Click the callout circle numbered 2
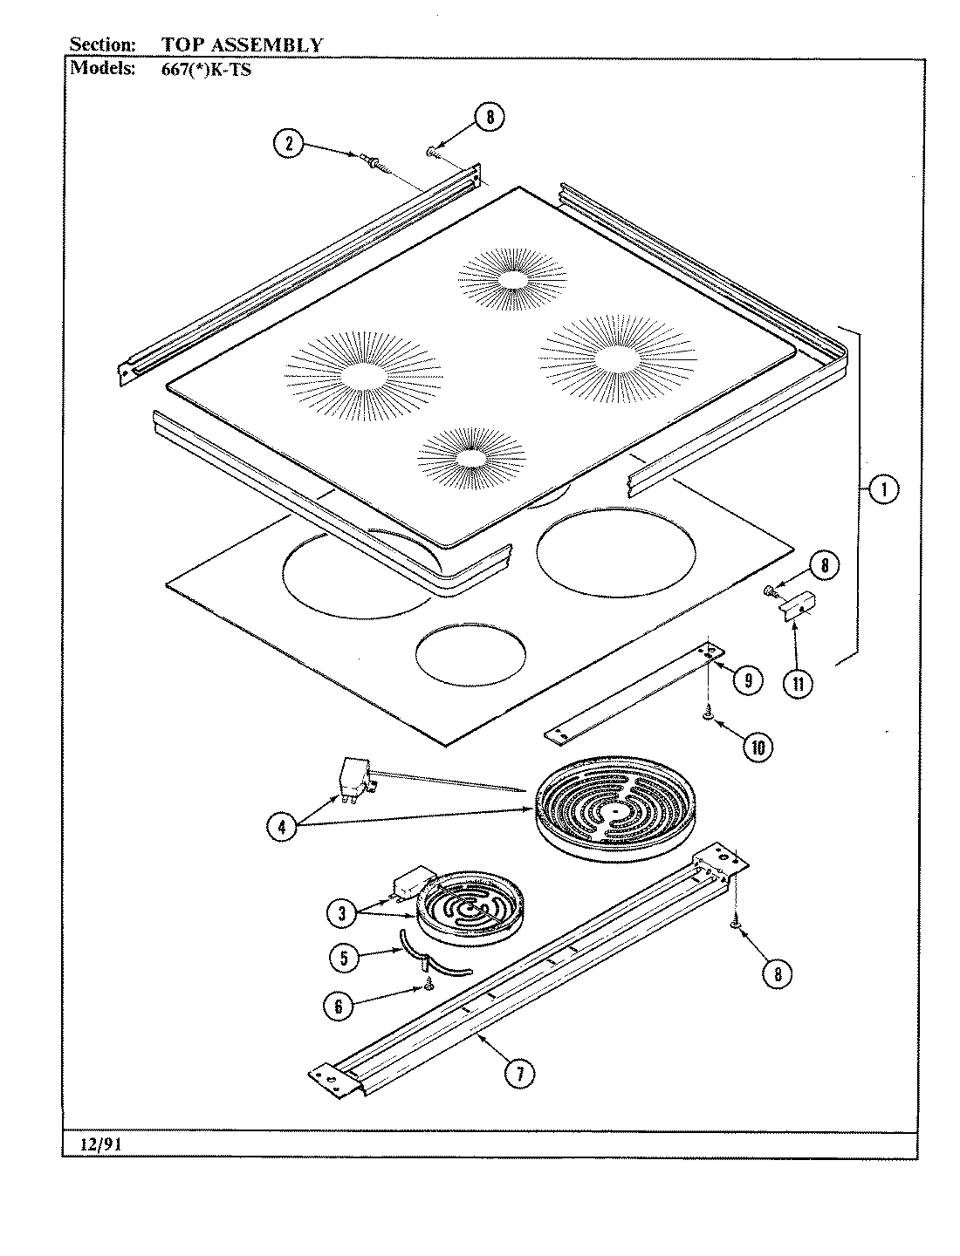pyautogui.click(x=288, y=143)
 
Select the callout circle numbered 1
pyautogui.click(x=882, y=490)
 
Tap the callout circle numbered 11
pyautogui.click(x=795, y=683)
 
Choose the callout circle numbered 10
pyautogui.click(x=758, y=746)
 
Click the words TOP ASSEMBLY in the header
pyautogui.click(x=242, y=44)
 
